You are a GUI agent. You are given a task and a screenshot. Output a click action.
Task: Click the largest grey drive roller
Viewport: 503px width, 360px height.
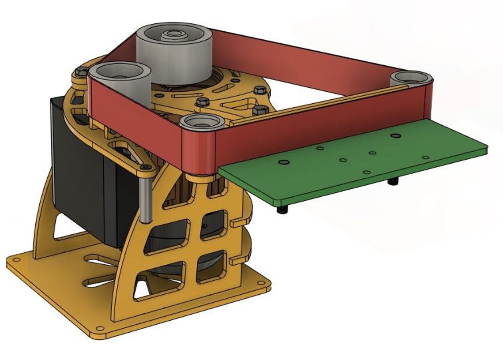pyautogui.click(x=174, y=55)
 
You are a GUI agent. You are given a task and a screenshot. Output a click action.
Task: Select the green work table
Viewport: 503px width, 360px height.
pyautogui.click(x=353, y=163)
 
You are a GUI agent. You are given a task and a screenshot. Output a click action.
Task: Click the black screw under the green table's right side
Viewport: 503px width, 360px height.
pyautogui.click(x=391, y=181)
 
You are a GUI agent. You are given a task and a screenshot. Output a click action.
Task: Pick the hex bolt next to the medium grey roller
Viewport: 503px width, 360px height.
pyautogui.click(x=80, y=72)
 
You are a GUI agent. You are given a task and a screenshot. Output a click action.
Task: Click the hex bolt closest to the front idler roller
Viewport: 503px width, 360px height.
pyautogui.click(x=202, y=102)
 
